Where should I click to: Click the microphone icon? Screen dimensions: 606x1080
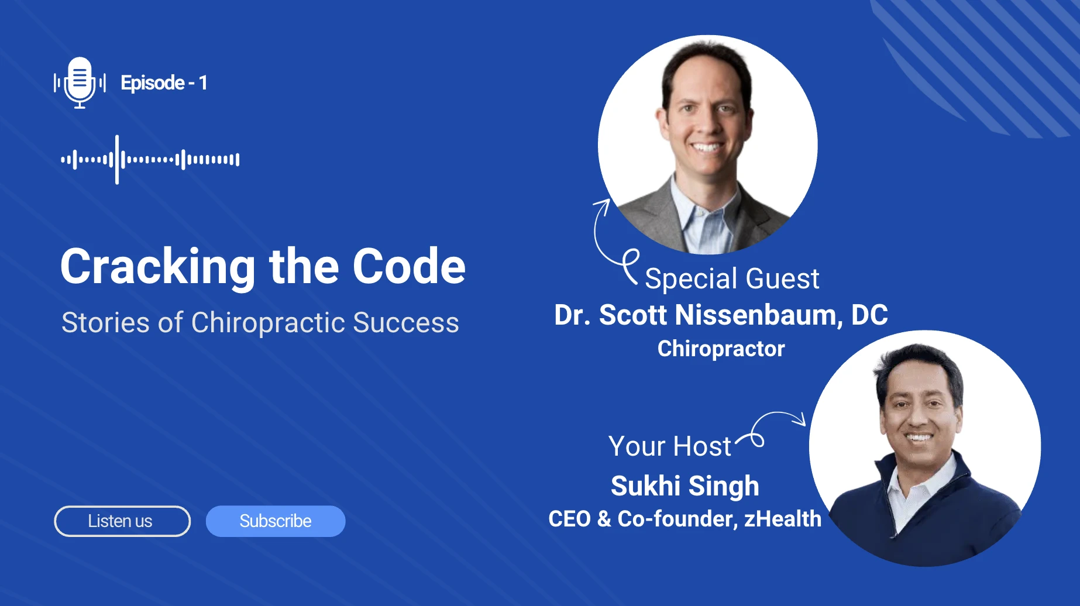pos(80,82)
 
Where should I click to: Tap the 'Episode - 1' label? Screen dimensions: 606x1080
pos(164,83)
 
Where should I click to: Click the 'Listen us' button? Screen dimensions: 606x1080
pos(122,521)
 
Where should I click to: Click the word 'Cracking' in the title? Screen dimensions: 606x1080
pos(157,267)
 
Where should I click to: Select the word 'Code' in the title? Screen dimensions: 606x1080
pos(409,267)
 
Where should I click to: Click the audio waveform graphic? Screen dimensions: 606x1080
pos(150,159)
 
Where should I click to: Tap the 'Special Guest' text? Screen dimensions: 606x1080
pos(732,278)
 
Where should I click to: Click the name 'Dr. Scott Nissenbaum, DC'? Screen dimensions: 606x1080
pos(721,315)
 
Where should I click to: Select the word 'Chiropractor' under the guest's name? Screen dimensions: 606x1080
pos(721,349)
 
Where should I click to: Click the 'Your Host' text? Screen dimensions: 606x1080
pos(669,446)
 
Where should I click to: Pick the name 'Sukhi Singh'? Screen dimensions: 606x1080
pos(685,486)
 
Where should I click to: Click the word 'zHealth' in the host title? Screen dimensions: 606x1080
pos(783,519)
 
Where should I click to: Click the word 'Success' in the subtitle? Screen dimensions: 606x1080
pos(406,323)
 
